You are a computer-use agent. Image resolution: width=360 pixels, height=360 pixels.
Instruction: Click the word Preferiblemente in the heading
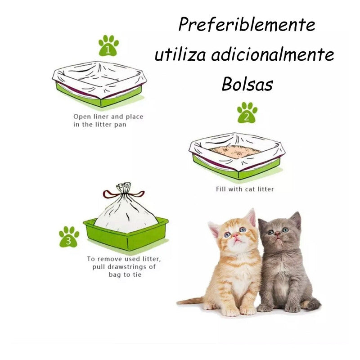click(247, 24)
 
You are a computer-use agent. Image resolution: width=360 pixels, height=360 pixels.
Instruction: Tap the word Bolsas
click(247, 84)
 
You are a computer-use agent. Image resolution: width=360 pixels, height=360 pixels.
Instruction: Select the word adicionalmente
click(273, 54)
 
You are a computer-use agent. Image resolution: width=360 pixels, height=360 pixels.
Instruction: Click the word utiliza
click(180, 54)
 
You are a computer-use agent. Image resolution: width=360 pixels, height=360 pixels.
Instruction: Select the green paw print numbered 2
click(247, 112)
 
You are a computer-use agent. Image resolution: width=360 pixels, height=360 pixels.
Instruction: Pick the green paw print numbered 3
click(69, 237)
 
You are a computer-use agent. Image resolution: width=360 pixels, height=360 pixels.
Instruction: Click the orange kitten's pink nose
click(236, 235)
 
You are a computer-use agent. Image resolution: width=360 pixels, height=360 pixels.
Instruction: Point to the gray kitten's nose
click(277, 234)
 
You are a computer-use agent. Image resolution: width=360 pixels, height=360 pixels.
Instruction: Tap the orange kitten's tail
click(190, 301)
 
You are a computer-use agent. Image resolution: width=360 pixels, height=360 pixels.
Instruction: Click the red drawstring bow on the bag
click(123, 194)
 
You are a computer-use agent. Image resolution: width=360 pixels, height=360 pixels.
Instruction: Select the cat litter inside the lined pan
click(235, 151)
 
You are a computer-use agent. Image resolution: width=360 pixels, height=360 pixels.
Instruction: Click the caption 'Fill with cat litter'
click(245, 189)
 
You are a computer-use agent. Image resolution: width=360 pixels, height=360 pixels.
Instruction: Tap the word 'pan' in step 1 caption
click(121, 125)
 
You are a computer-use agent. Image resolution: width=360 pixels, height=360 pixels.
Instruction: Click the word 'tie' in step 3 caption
click(137, 274)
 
